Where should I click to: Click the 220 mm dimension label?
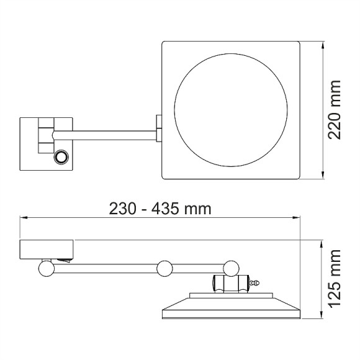click(x=335, y=110)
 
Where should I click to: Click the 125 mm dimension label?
click(x=335, y=279)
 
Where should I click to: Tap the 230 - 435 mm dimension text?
click(x=160, y=209)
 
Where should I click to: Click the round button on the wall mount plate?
click(x=61, y=157)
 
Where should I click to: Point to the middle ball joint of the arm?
click(x=164, y=268)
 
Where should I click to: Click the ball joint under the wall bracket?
click(x=47, y=268)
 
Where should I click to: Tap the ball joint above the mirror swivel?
click(x=231, y=268)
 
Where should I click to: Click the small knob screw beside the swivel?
click(x=254, y=283)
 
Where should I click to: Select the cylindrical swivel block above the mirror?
click(x=231, y=284)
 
